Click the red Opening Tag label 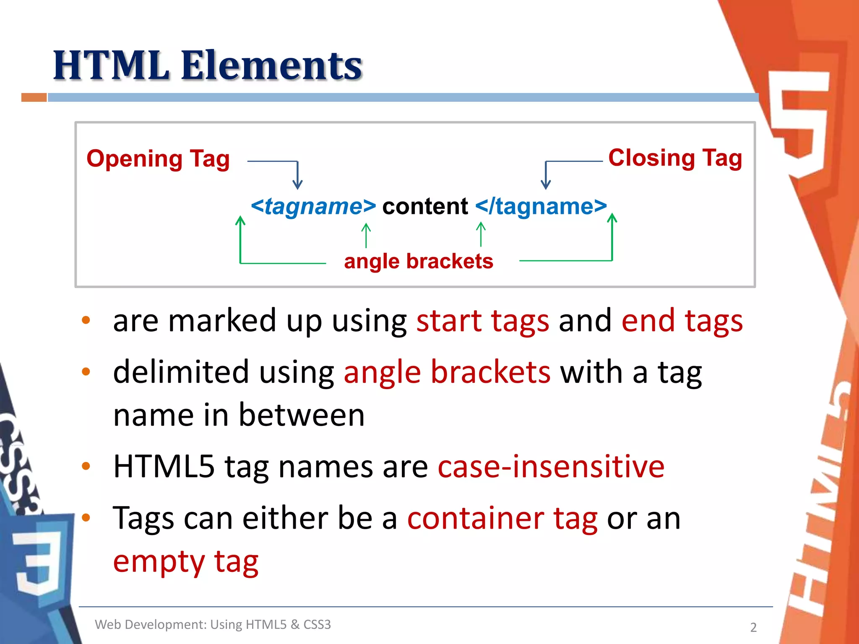coord(158,159)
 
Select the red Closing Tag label coord(675,158)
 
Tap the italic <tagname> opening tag coord(313,206)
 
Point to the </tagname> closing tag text coord(541,206)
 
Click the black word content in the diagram coord(425,206)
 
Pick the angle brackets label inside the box coord(418,261)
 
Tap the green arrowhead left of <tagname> coord(240,220)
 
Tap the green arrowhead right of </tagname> coord(612,218)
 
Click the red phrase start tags coord(482,321)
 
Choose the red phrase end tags coord(682,321)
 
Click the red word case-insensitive coord(551,467)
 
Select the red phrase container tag coord(502,518)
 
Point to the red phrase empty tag coord(185,562)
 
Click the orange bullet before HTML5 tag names coord(86,466)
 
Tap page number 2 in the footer coord(753,627)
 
